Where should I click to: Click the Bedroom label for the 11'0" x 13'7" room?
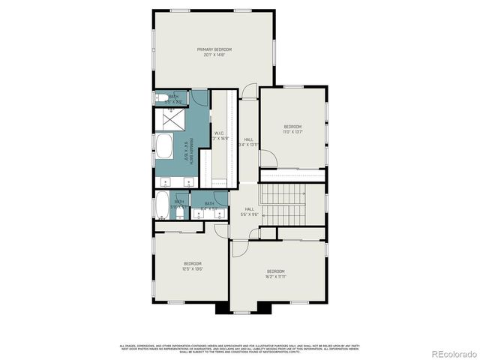[292, 127]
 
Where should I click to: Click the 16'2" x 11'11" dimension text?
[276, 276]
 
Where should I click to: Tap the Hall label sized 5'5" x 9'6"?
[249, 210]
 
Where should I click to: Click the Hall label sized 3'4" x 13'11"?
[249, 140]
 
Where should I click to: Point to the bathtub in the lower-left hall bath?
[163, 205]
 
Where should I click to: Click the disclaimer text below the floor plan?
[239, 348]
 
